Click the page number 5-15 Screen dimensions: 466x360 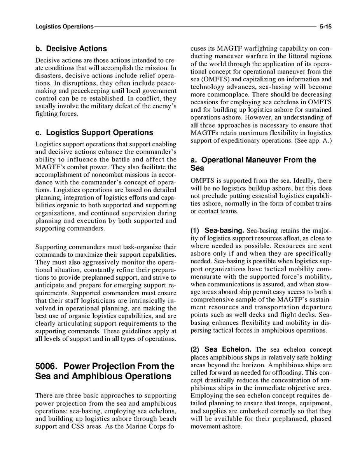coord(325,27)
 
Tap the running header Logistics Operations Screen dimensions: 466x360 coord(64,27)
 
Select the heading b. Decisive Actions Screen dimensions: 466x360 coord(71,49)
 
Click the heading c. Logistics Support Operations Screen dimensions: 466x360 coord(94,133)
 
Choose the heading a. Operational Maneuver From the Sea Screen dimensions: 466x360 coord(253,164)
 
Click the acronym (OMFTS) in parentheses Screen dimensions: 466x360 coord(213,79)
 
